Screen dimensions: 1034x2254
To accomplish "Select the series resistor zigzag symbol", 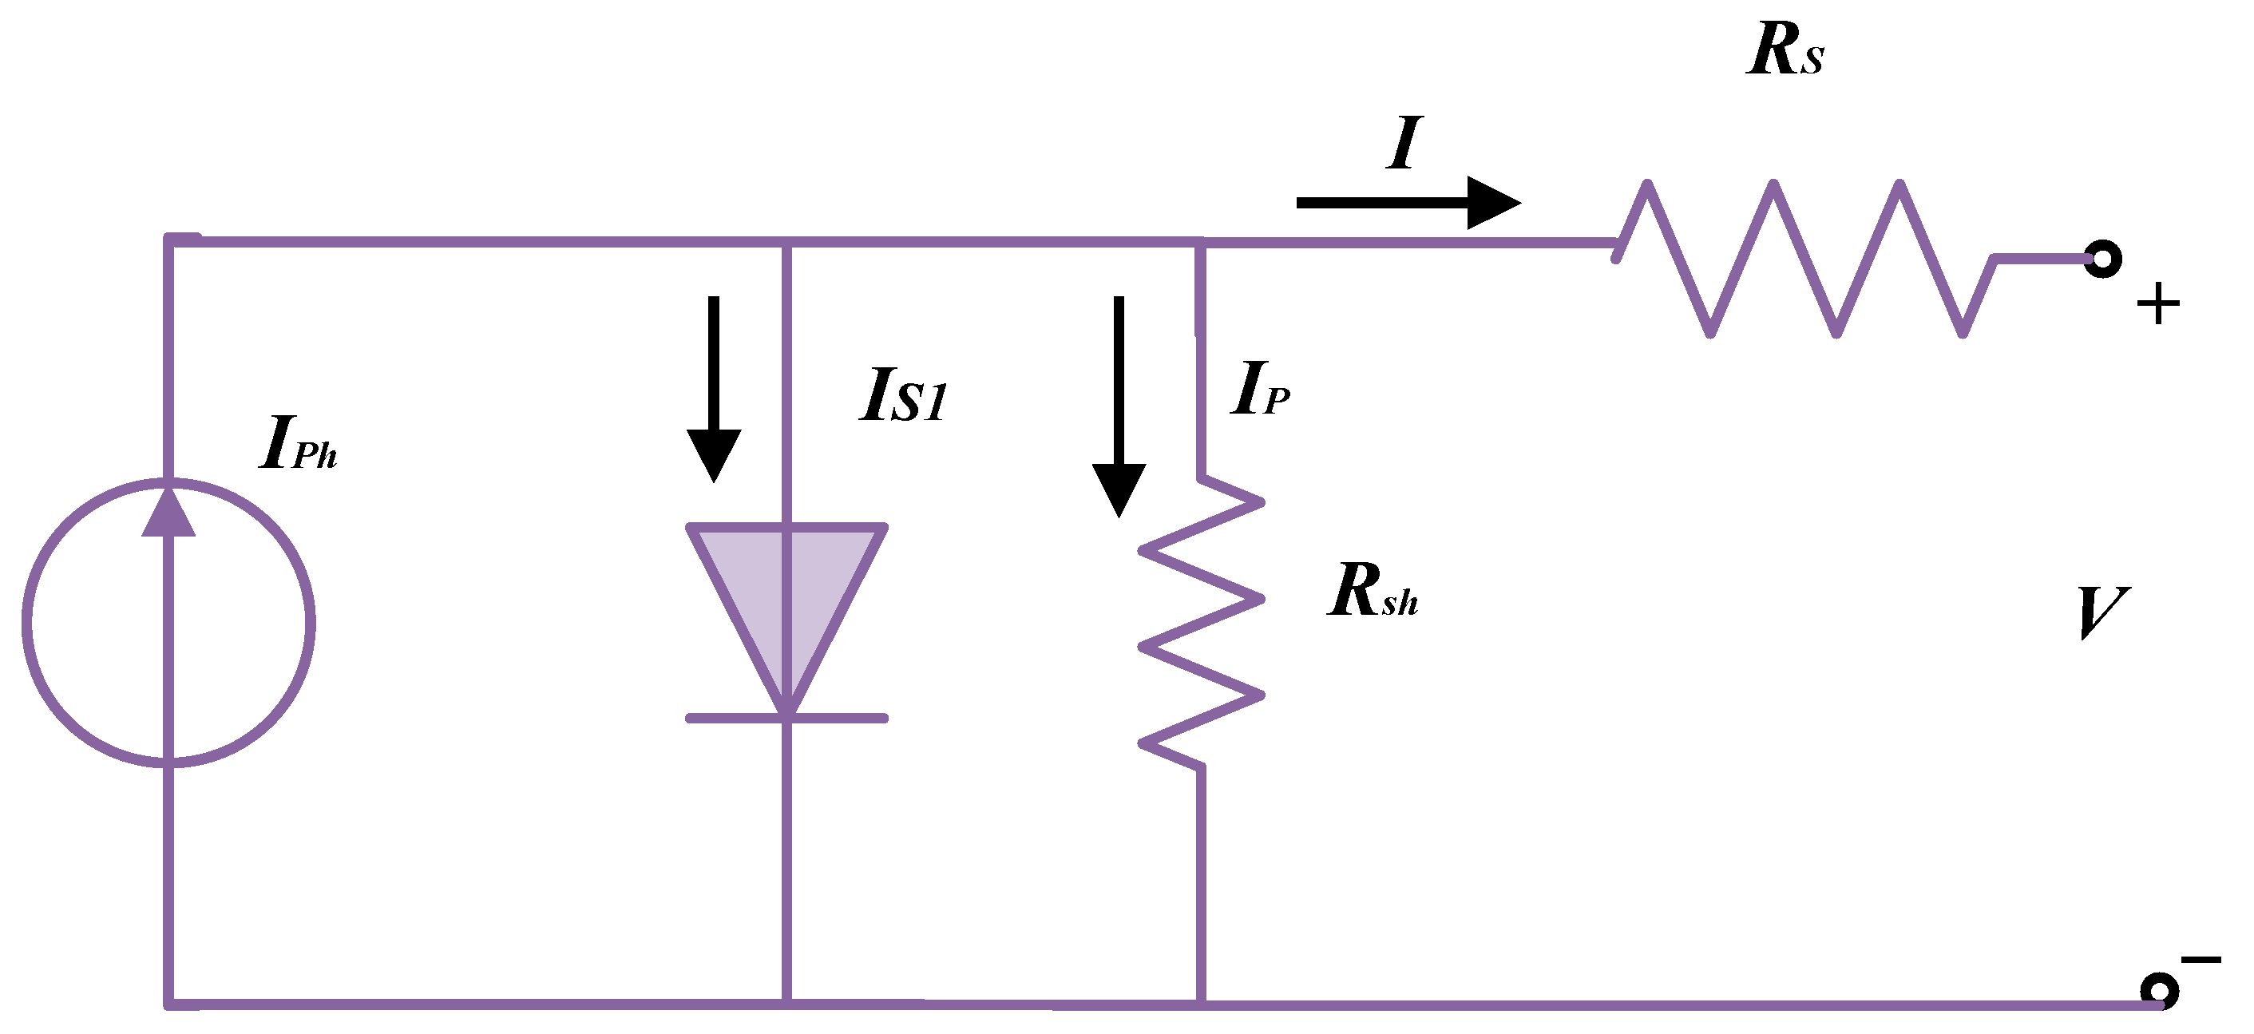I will pyautogui.click(x=1804, y=257).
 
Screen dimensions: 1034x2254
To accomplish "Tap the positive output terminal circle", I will pyautogui.click(x=2102, y=259).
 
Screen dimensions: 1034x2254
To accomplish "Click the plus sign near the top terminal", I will pyautogui.click(x=2157, y=304).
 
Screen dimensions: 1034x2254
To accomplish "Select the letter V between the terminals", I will pyautogui.click(x=2101, y=612).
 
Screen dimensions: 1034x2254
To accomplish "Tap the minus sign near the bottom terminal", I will pyautogui.click(x=2201, y=961).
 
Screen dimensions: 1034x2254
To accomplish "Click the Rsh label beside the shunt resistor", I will pyautogui.click(x=1372, y=592).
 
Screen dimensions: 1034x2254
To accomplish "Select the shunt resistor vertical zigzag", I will pyautogui.click(x=1202, y=623).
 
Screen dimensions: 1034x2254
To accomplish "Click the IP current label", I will pyautogui.click(x=1259, y=390).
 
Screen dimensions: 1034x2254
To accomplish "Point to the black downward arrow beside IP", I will pyautogui.click(x=1119, y=406).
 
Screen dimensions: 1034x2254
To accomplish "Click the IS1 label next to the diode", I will pyautogui.click(x=903, y=396).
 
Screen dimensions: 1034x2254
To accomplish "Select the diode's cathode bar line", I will pyautogui.click(x=786, y=718).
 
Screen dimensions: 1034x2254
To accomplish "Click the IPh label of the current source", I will pyautogui.click(x=298, y=443).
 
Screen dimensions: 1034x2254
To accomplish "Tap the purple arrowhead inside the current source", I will pyautogui.click(x=168, y=513).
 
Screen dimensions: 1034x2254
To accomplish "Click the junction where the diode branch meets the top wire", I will pyautogui.click(x=786, y=241).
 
